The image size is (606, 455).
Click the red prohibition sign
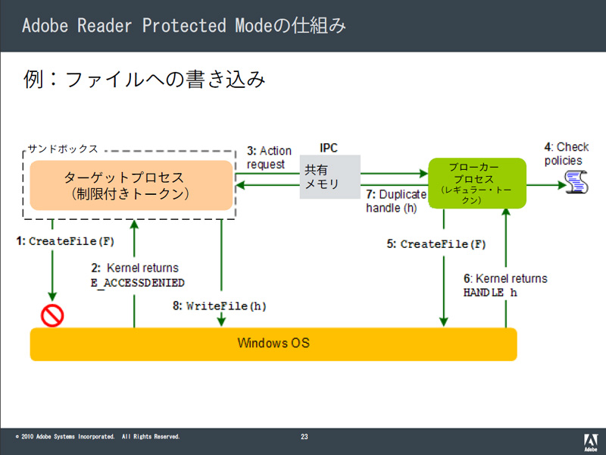coord(52,315)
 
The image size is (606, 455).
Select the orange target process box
coord(131,185)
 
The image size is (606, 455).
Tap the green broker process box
coord(477,183)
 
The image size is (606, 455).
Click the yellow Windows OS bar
coord(273,344)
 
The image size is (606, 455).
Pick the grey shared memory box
coord(330,177)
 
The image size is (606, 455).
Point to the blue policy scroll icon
coord(576,182)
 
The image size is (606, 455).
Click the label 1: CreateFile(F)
coord(65,241)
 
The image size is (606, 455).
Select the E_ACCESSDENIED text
coord(138,283)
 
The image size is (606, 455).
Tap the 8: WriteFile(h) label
coord(220,306)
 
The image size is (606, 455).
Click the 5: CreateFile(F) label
coord(436,244)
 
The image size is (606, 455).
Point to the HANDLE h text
coord(490,293)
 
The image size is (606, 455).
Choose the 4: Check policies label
coord(566,154)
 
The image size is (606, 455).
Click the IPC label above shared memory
coord(329,148)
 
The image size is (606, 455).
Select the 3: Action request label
coord(269,158)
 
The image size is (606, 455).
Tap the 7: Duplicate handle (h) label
coord(396,201)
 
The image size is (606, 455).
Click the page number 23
coord(305,437)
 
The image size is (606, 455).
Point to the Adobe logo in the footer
coord(590,442)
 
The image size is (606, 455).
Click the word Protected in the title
coord(184,26)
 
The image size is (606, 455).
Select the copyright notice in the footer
coord(98,437)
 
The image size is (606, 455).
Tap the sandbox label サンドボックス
coord(63,149)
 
